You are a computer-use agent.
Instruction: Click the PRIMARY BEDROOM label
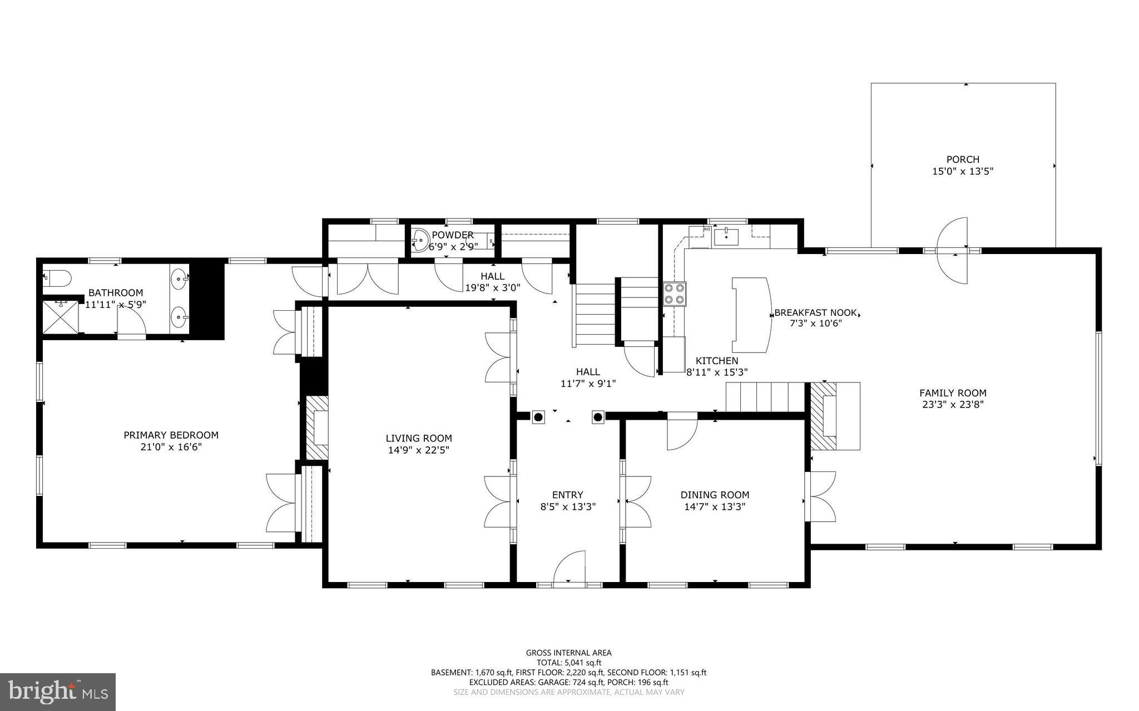point(171,435)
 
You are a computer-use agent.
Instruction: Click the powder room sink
point(421,241)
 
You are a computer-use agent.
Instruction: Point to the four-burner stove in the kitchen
point(674,294)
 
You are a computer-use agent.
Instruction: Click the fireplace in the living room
point(316,427)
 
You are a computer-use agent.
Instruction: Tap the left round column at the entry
point(538,417)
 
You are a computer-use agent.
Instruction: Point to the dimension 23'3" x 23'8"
point(953,405)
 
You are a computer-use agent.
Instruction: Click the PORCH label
point(963,160)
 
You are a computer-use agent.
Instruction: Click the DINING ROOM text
point(715,495)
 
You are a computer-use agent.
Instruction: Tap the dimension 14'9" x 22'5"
point(418,450)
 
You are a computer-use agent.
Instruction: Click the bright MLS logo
point(58,692)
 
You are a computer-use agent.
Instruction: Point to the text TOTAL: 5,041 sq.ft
point(568,663)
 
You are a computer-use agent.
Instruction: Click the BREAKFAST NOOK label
point(815,312)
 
